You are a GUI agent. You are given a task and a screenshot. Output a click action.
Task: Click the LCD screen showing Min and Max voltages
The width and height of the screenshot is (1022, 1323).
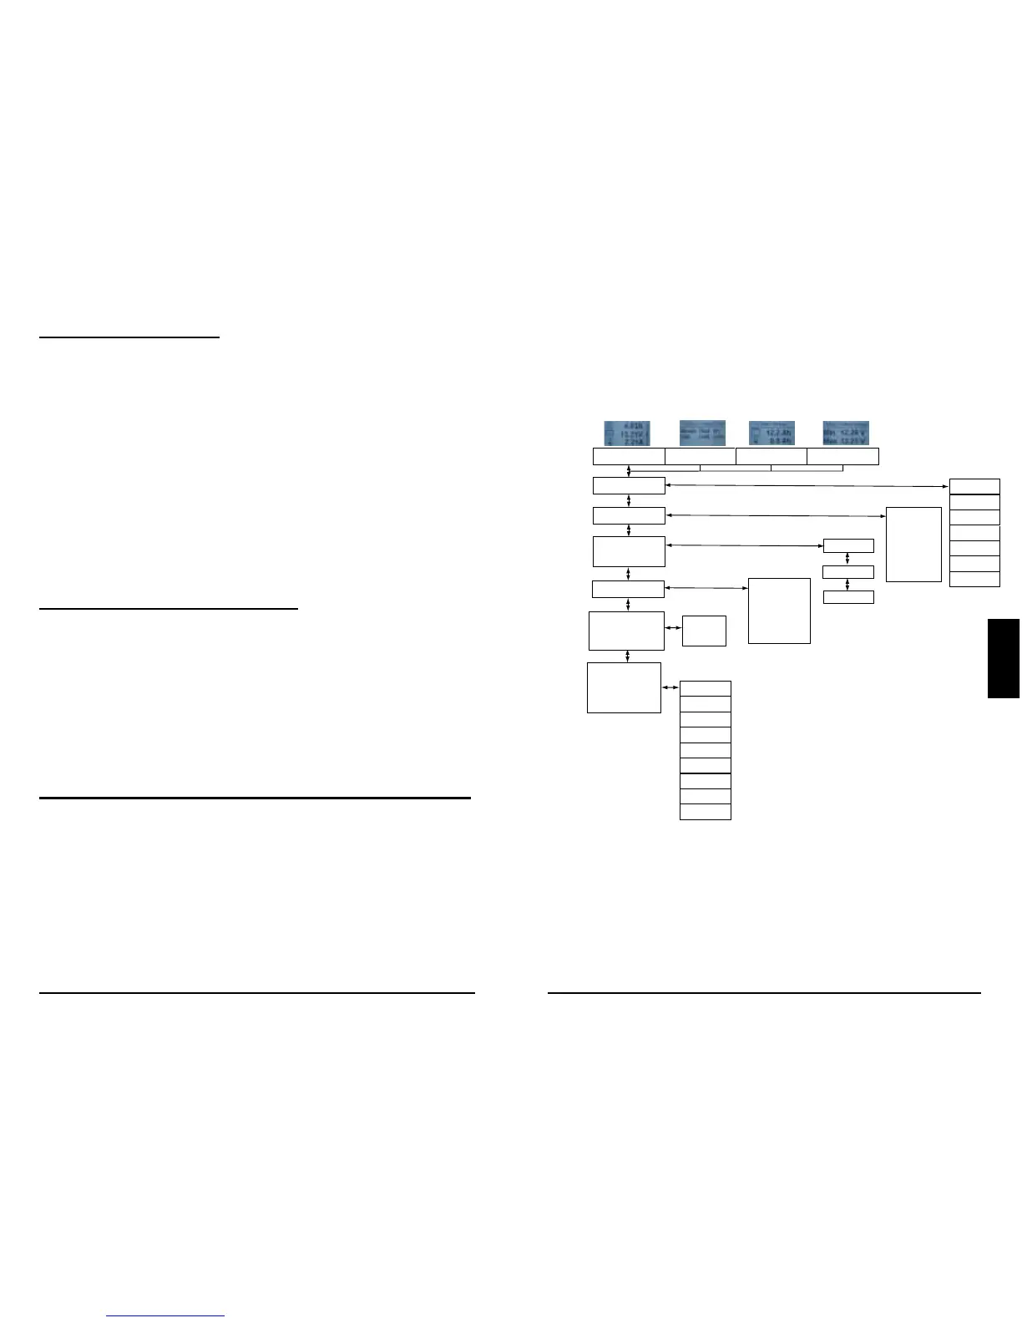point(846,433)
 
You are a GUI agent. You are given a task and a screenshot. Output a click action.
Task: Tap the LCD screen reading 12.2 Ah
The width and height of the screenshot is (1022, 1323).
point(772,433)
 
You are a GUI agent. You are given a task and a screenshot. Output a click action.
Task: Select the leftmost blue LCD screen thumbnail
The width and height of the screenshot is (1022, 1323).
point(627,433)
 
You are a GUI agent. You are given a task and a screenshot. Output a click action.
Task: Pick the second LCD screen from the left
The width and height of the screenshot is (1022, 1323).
point(702,433)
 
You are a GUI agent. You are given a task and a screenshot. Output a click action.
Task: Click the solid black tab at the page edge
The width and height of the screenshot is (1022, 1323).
point(1004,658)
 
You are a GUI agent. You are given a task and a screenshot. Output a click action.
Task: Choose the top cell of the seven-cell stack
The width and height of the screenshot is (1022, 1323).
point(974,486)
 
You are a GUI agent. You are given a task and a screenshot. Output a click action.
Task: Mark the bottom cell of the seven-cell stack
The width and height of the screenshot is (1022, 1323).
point(974,579)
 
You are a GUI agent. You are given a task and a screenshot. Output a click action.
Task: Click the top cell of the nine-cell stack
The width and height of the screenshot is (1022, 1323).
point(706,688)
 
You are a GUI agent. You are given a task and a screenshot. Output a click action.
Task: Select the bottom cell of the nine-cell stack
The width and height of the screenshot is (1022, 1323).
point(706,812)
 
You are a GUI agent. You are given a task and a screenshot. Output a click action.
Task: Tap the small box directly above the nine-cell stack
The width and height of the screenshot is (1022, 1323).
point(704,631)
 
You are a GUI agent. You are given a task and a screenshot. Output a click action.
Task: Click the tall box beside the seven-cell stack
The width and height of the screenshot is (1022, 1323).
point(913,544)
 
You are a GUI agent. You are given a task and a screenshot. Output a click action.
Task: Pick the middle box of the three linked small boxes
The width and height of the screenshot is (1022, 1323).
point(848,572)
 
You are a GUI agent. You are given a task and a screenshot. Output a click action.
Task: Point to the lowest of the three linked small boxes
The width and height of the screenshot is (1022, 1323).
point(848,597)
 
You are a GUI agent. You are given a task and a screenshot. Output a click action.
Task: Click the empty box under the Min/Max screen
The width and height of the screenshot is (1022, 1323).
point(842,456)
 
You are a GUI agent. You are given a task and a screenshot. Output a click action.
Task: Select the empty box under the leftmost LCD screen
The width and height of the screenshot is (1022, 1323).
point(629,456)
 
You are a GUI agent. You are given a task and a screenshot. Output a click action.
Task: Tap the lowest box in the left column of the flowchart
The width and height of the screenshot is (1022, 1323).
point(624,687)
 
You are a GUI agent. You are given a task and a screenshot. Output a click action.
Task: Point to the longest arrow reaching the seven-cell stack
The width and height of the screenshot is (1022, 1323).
point(807,485)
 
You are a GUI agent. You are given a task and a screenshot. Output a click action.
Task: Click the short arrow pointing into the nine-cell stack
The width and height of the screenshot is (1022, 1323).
point(670,688)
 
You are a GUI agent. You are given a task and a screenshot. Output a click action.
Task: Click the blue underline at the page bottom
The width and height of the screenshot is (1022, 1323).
point(166,1316)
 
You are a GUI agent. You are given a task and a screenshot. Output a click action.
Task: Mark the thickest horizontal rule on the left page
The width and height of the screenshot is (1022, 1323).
point(255,798)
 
